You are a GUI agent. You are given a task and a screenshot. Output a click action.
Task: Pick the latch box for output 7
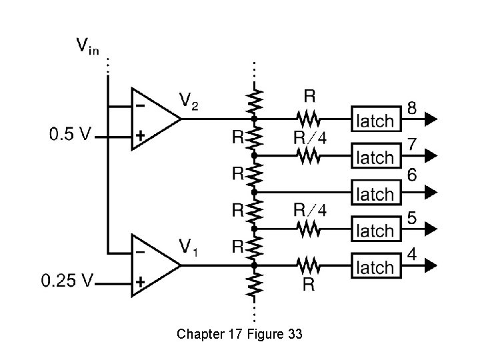click(376, 157)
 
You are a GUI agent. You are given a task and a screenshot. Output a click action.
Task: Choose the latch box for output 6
click(376, 194)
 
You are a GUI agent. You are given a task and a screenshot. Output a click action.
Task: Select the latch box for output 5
click(376, 231)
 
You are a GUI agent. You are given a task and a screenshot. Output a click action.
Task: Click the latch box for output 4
click(376, 267)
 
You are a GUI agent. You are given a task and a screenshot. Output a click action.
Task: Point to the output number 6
click(413, 175)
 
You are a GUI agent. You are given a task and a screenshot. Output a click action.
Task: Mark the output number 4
click(413, 254)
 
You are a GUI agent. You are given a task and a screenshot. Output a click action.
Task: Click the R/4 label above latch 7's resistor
click(310, 138)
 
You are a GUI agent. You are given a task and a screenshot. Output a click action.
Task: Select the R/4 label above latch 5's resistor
click(310, 211)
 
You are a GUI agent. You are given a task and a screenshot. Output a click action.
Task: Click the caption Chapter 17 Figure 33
click(239, 333)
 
